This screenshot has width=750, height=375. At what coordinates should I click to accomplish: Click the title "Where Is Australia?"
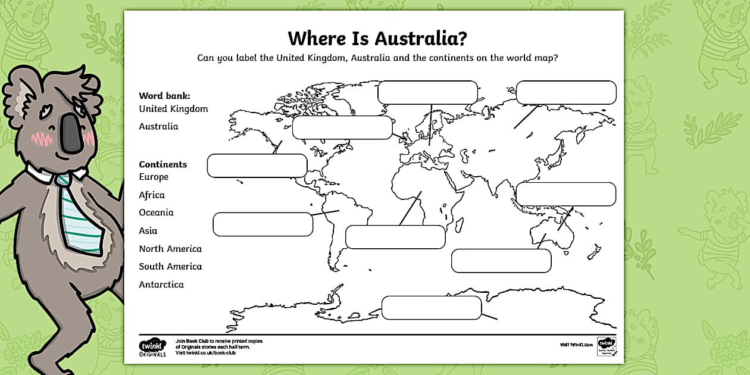coord(377,39)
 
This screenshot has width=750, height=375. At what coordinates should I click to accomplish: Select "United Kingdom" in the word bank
coord(173,109)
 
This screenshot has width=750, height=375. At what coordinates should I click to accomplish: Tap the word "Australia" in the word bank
coord(158,126)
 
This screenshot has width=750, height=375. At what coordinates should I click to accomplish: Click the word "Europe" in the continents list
coord(154,177)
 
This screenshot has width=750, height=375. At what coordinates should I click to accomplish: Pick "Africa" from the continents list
coord(152,195)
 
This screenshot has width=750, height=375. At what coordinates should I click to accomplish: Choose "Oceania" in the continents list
coord(156,212)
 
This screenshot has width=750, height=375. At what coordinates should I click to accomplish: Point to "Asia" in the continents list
coord(148,230)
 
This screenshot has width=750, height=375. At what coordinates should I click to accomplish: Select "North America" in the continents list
coord(170,249)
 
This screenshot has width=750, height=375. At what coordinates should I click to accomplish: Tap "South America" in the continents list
coord(170,267)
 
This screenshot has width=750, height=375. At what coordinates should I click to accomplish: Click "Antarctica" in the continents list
coord(161,285)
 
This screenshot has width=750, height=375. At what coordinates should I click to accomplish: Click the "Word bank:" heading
coord(164,95)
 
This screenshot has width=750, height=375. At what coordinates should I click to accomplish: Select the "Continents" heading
coord(162,164)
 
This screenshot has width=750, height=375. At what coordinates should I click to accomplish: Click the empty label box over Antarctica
coord(431,307)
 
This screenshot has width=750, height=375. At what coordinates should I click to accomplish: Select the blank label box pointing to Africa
coord(395,237)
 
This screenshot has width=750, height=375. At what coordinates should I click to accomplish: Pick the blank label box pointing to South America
coord(262,224)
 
